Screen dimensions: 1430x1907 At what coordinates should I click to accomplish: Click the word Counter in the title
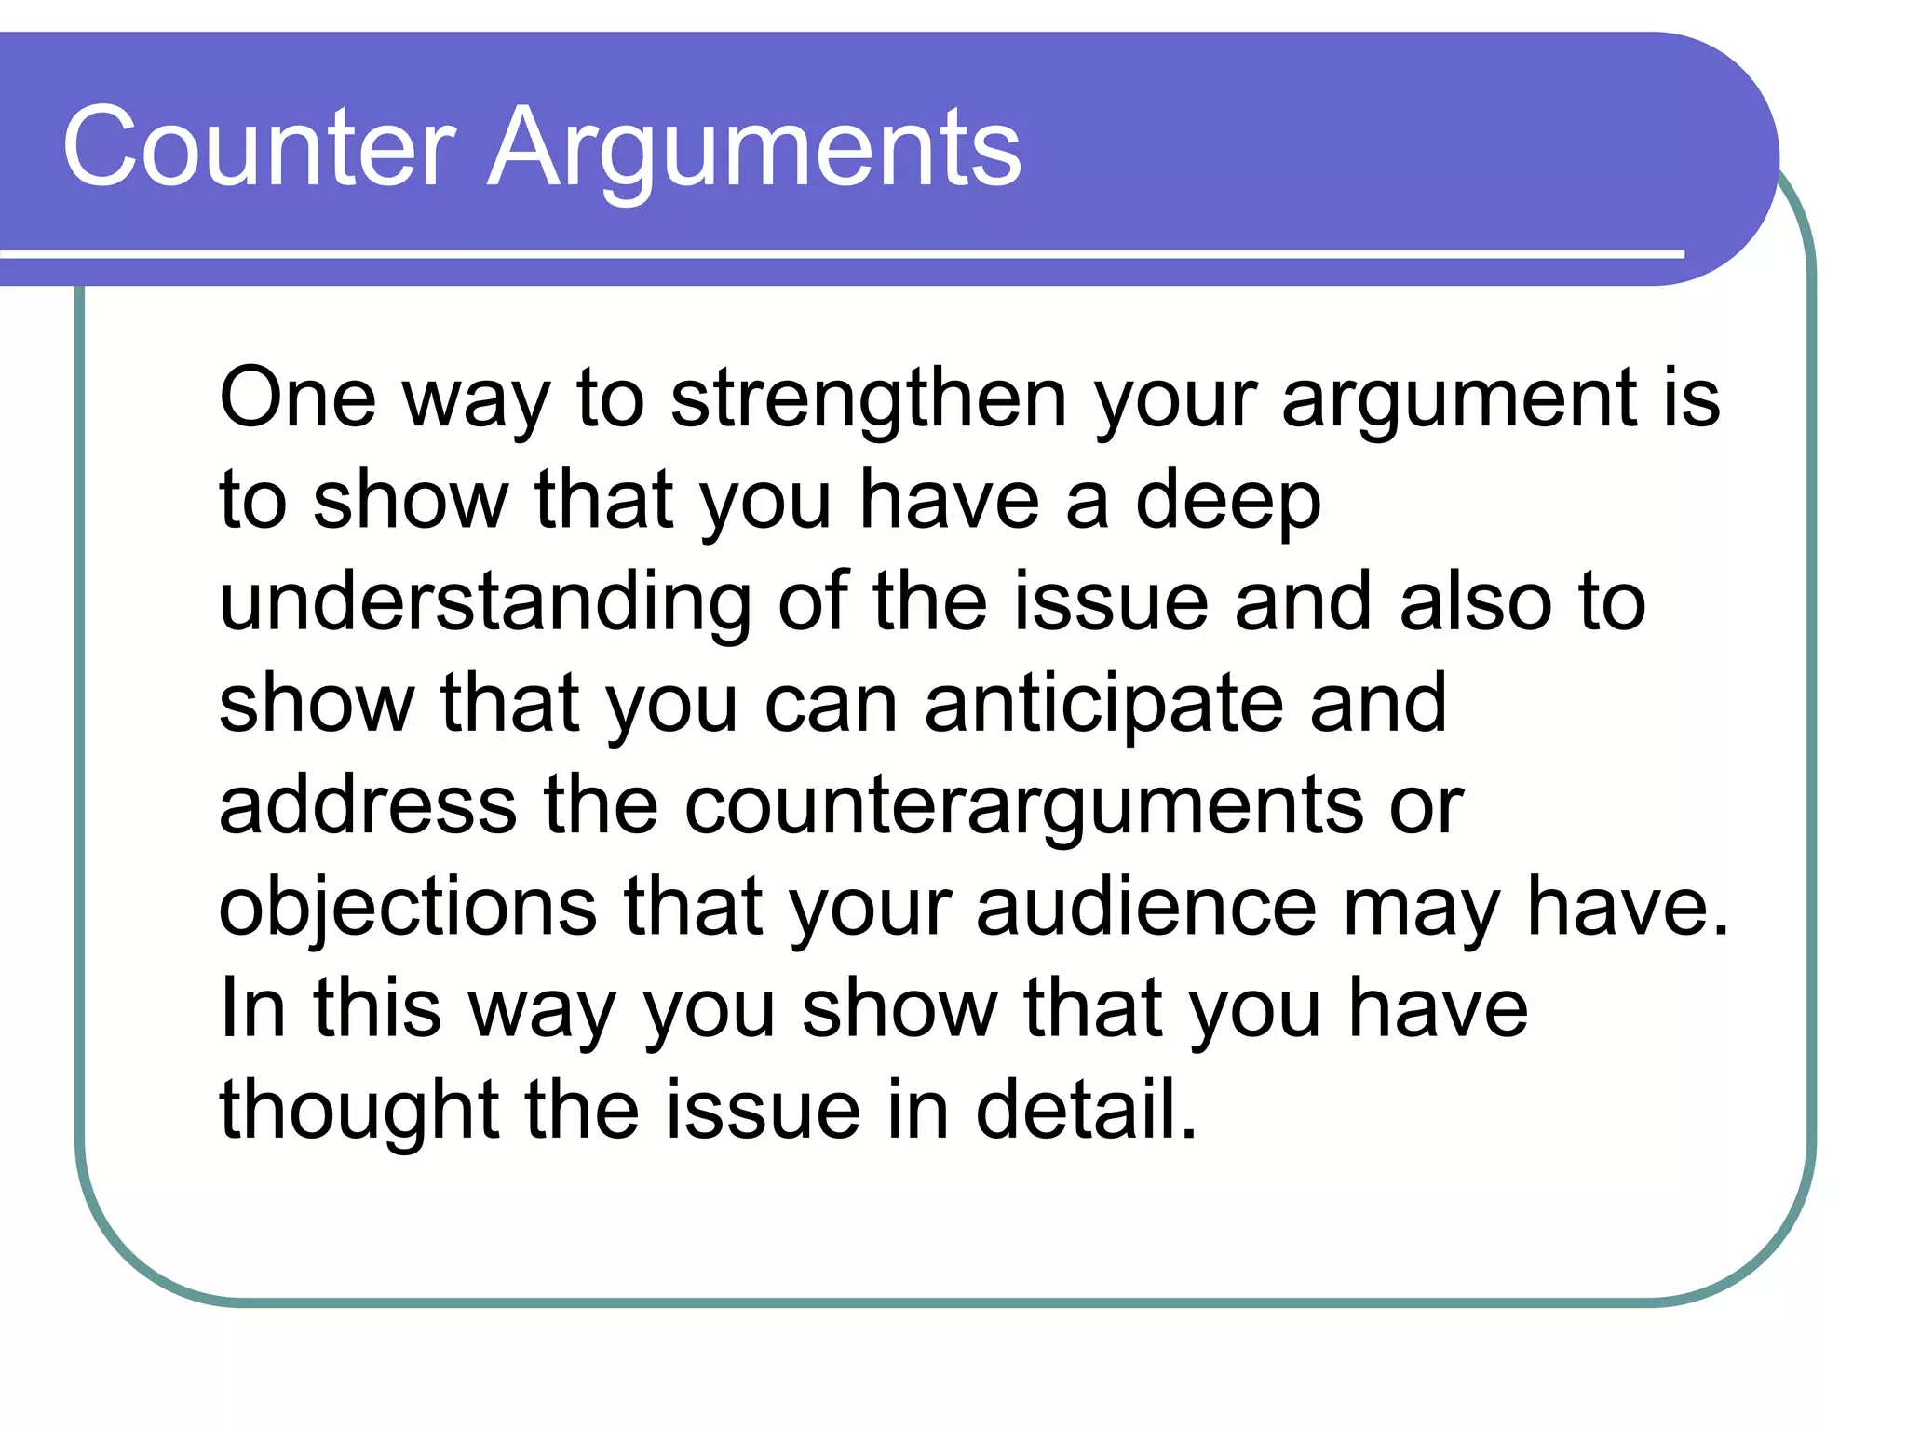(x=259, y=147)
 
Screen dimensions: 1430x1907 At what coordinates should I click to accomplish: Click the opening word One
(x=297, y=398)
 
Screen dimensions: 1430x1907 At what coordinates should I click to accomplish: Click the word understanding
(x=485, y=603)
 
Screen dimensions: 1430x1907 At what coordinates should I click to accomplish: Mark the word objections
(x=408, y=908)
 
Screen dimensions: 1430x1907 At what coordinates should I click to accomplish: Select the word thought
(x=358, y=1110)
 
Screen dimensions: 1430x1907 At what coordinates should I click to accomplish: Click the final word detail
(x=1085, y=1109)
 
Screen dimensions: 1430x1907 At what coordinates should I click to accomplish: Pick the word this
(x=376, y=1008)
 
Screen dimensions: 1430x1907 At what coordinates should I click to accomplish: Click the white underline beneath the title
(x=838, y=253)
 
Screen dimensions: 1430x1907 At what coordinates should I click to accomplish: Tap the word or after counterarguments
(x=1427, y=806)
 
